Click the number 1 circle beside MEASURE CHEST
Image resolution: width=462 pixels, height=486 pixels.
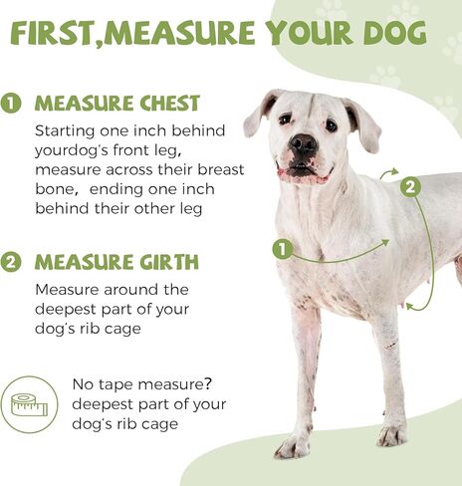pos(13,104)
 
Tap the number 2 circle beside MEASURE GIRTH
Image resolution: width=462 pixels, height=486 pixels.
pos(13,263)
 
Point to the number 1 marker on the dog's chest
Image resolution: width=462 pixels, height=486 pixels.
pos(282,249)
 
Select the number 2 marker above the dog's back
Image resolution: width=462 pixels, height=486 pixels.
pos(410,185)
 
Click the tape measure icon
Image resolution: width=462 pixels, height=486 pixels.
pos(28,403)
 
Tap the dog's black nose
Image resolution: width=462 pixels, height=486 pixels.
pos(302,145)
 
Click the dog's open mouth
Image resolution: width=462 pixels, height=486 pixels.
pos(303,172)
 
